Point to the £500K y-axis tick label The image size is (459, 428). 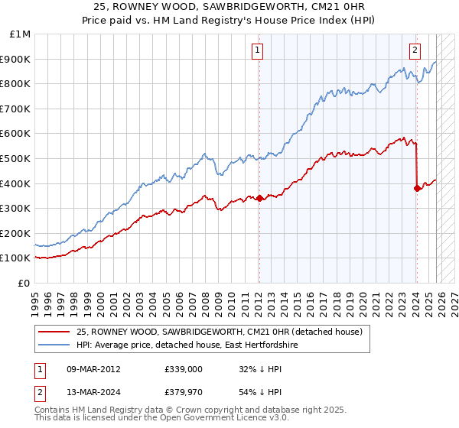coord(17,158)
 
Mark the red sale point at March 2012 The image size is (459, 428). coord(259,198)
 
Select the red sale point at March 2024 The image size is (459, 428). coord(417,188)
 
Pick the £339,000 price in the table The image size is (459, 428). coord(183,368)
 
